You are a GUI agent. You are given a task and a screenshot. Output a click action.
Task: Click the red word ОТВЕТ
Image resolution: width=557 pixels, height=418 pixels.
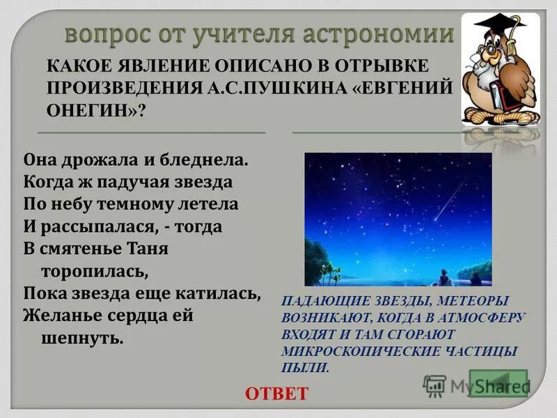tap(276, 394)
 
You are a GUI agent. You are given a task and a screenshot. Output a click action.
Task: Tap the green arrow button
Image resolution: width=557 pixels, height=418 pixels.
tap(499, 383)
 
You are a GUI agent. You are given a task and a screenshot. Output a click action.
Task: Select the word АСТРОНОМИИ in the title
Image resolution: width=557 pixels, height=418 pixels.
tap(379, 33)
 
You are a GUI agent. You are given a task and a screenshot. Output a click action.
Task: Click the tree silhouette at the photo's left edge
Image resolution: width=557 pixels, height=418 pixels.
tap(317, 262)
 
